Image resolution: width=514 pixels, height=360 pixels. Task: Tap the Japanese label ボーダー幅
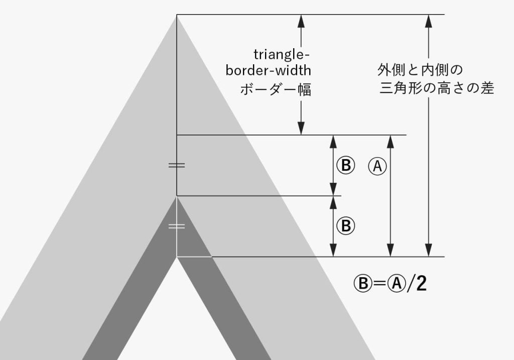click(x=276, y=90)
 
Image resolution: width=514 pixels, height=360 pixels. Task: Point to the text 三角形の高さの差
click(x=437, y=88)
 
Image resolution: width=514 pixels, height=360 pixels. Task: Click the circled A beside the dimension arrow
click(x=377, y=165)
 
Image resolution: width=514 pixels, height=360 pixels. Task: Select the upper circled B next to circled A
click(x=345, y=165)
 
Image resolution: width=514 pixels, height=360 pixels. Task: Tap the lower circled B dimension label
click(x=345, y=225)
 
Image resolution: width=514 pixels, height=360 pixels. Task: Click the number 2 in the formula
click(x=421, y=284)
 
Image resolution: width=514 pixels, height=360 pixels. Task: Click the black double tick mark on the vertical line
click(x=177, y=165)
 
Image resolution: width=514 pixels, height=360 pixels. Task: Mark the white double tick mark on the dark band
click(x=177, y=226)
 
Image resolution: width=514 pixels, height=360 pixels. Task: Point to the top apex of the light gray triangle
click(x=177, y=16)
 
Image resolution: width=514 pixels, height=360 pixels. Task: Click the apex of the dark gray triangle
click(x=177, y=196)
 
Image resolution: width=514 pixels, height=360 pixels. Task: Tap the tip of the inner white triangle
click(x=177, y=257)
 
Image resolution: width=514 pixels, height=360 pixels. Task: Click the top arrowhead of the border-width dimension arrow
click(x=301, y=20)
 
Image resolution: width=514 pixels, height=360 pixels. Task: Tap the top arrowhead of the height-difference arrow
click(x=428, y=20)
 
